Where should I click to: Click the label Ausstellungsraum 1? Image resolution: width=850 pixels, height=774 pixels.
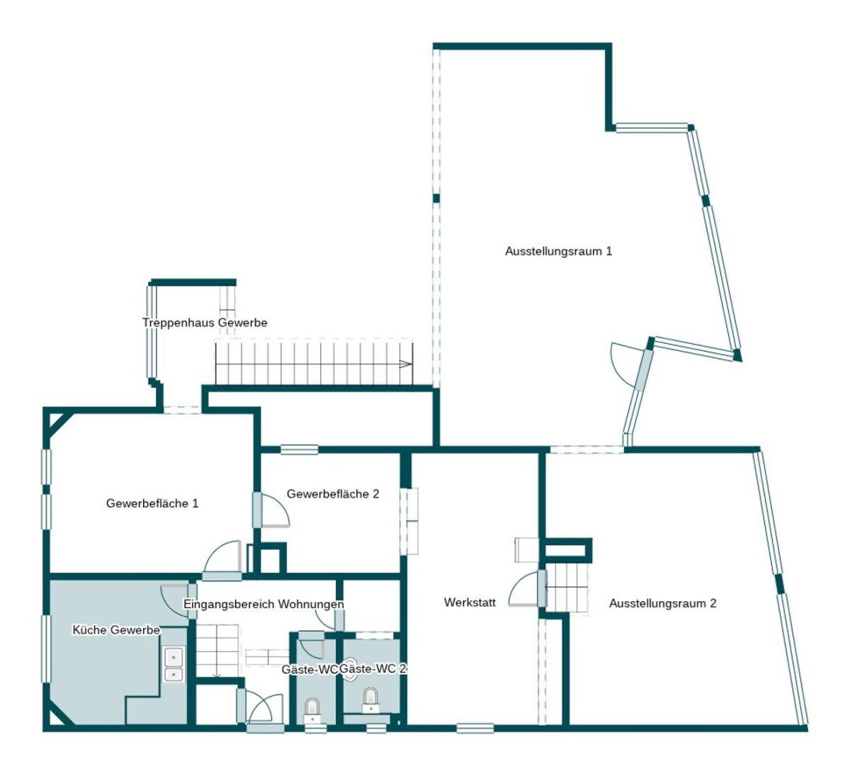point(558,251)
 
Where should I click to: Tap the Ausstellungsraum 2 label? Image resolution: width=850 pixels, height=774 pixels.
point(662,603)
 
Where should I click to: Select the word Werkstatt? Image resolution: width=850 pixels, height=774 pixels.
point(470,602)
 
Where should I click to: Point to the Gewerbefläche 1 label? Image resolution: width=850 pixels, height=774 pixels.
point(152,503)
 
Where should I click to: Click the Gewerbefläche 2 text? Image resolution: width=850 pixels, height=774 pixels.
point(333,493)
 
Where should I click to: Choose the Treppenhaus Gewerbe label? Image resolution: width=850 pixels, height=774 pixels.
point(205,322)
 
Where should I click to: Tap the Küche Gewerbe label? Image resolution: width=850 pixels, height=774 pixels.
point(116,630)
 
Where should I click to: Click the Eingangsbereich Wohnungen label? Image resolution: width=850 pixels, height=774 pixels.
point(263,604)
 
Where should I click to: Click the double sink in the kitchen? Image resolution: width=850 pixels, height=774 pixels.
point(174,664)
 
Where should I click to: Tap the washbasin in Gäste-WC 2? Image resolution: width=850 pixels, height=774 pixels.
point(350,668)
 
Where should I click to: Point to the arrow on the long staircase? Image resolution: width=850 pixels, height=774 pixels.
point(405,364)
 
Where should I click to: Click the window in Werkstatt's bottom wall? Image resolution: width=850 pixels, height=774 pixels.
point(475,728)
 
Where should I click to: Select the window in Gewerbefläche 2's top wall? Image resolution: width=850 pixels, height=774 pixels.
point(299,449)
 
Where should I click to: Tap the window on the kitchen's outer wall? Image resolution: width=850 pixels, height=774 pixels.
point(46,649)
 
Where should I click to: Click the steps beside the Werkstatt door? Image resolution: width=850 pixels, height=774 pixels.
point(567,588)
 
